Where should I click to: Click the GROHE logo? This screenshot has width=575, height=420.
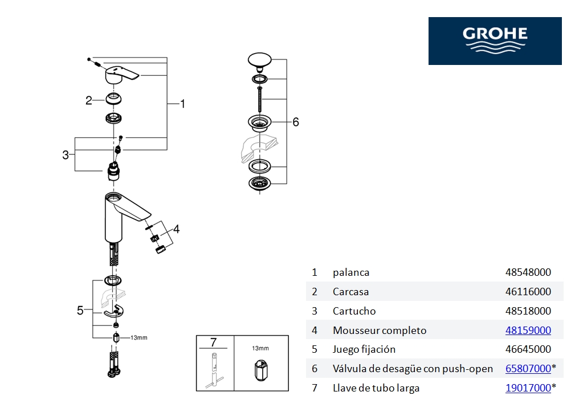point(495,41)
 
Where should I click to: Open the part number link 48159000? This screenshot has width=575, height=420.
point(528,331)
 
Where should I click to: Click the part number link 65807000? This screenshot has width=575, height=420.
point(528,369)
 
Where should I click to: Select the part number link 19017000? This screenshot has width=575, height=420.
point(528,388)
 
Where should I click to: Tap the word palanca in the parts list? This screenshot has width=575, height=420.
point(351,272)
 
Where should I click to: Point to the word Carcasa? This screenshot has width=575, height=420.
point(350,292)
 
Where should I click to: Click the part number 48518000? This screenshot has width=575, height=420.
point(528,311)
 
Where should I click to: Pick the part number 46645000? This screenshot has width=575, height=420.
point(528,349)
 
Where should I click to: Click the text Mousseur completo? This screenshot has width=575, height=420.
point(380,331)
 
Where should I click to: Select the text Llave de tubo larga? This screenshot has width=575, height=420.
point(376,388)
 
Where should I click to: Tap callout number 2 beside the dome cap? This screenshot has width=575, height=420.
point(88,101)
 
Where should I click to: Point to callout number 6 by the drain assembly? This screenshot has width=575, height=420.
point(295,122)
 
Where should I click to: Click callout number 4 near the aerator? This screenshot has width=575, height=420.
point(177,229)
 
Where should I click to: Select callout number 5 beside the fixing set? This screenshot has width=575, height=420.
point(80,311)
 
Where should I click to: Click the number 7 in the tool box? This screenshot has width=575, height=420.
point(214,342)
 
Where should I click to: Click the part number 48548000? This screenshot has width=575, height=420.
point(528,272)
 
